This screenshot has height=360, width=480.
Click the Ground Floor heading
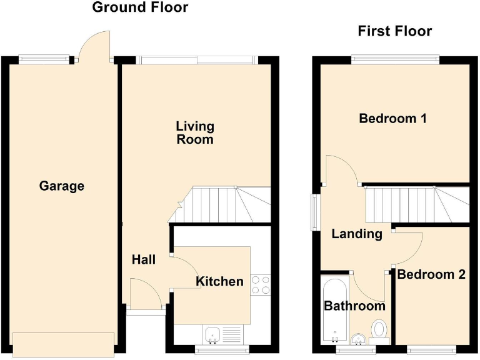[x=140, y=8]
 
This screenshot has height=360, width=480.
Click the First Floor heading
[x=394, y=31]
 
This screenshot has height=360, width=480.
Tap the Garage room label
[x=61, y=186]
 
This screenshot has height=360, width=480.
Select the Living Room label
[x=195, y=132]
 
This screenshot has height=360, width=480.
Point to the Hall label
[x=144, y=259]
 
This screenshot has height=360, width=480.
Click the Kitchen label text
[x=219, y=282]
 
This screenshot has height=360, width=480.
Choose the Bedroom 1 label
[x=392, y=118]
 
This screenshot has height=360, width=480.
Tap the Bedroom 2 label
[x=431, y=274]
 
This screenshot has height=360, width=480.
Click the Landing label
[x=356, y=234]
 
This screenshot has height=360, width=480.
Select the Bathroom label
[x=354, y=306]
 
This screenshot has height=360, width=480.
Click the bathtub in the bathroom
[x=334, y=309]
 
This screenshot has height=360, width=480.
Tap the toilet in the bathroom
[x=379, y=329]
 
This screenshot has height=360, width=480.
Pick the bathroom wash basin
[x=357, y=338]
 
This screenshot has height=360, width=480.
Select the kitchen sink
[x=214, y=334]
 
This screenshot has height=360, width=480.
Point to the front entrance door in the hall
[x=144, y=294]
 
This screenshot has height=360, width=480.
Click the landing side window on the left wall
[x=315, y=212]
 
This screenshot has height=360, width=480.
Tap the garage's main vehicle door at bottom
[x=63, y=344]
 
